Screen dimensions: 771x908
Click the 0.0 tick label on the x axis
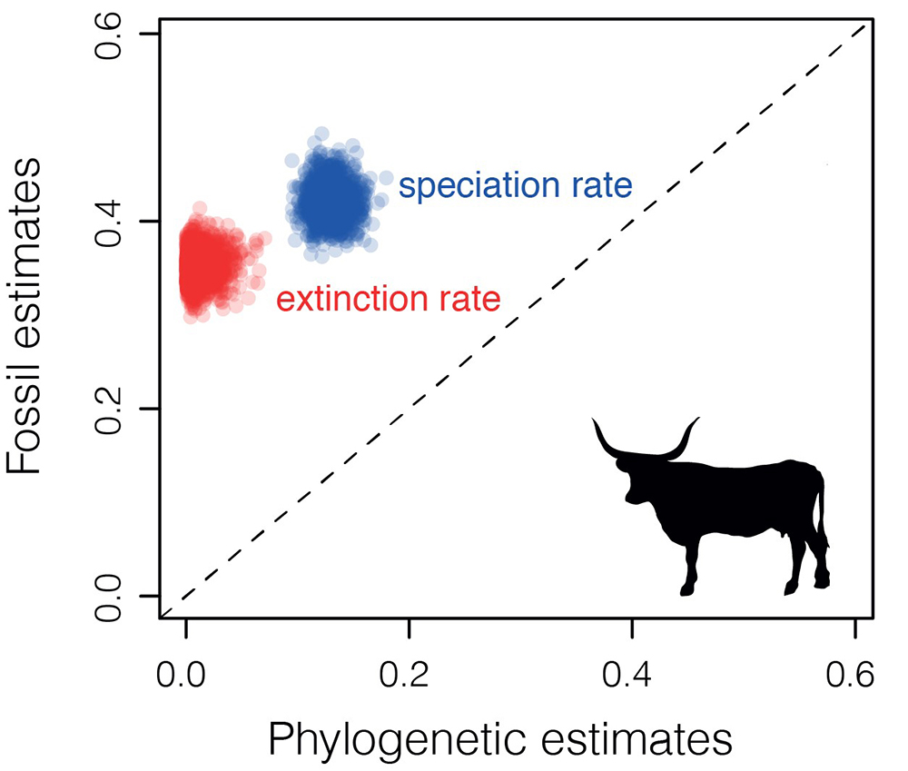(185, 676)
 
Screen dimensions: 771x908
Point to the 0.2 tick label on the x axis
(409, 676)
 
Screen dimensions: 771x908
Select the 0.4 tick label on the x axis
(632, 676)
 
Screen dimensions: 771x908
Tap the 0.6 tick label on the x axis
(855, 676)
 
